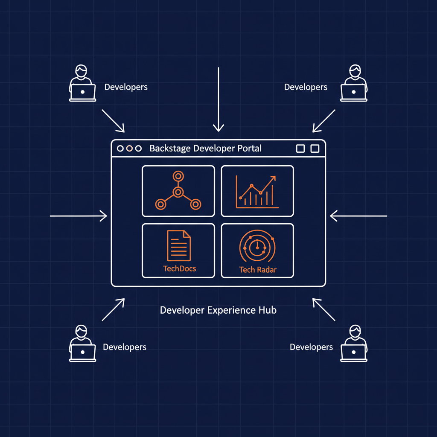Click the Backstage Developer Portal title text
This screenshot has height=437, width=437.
[205, 148]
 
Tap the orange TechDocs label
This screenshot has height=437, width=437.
[180, 269]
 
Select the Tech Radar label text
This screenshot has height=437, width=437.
[258, 270]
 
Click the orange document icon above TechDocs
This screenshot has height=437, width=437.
[179, 245]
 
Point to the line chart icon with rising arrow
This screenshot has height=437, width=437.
[257, 192]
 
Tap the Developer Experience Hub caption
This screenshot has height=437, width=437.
[218, 310]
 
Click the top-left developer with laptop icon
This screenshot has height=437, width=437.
[82, 83]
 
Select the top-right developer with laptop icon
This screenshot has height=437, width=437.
[354, 83]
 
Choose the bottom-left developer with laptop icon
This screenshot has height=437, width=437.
[82, 344]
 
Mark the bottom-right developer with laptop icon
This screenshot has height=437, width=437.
[354, 344]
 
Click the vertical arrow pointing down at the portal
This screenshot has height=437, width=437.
[218, 99]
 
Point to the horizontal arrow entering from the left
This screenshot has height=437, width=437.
[79, 216]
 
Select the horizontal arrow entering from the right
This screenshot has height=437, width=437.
[358, 216]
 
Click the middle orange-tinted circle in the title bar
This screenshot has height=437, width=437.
[129, 149]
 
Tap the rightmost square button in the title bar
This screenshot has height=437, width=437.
[315, 149]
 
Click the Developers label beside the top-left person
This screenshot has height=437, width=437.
[126, 87]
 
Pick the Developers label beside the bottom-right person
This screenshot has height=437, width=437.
[311, 347]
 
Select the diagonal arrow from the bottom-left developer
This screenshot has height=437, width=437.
[113, 310]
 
